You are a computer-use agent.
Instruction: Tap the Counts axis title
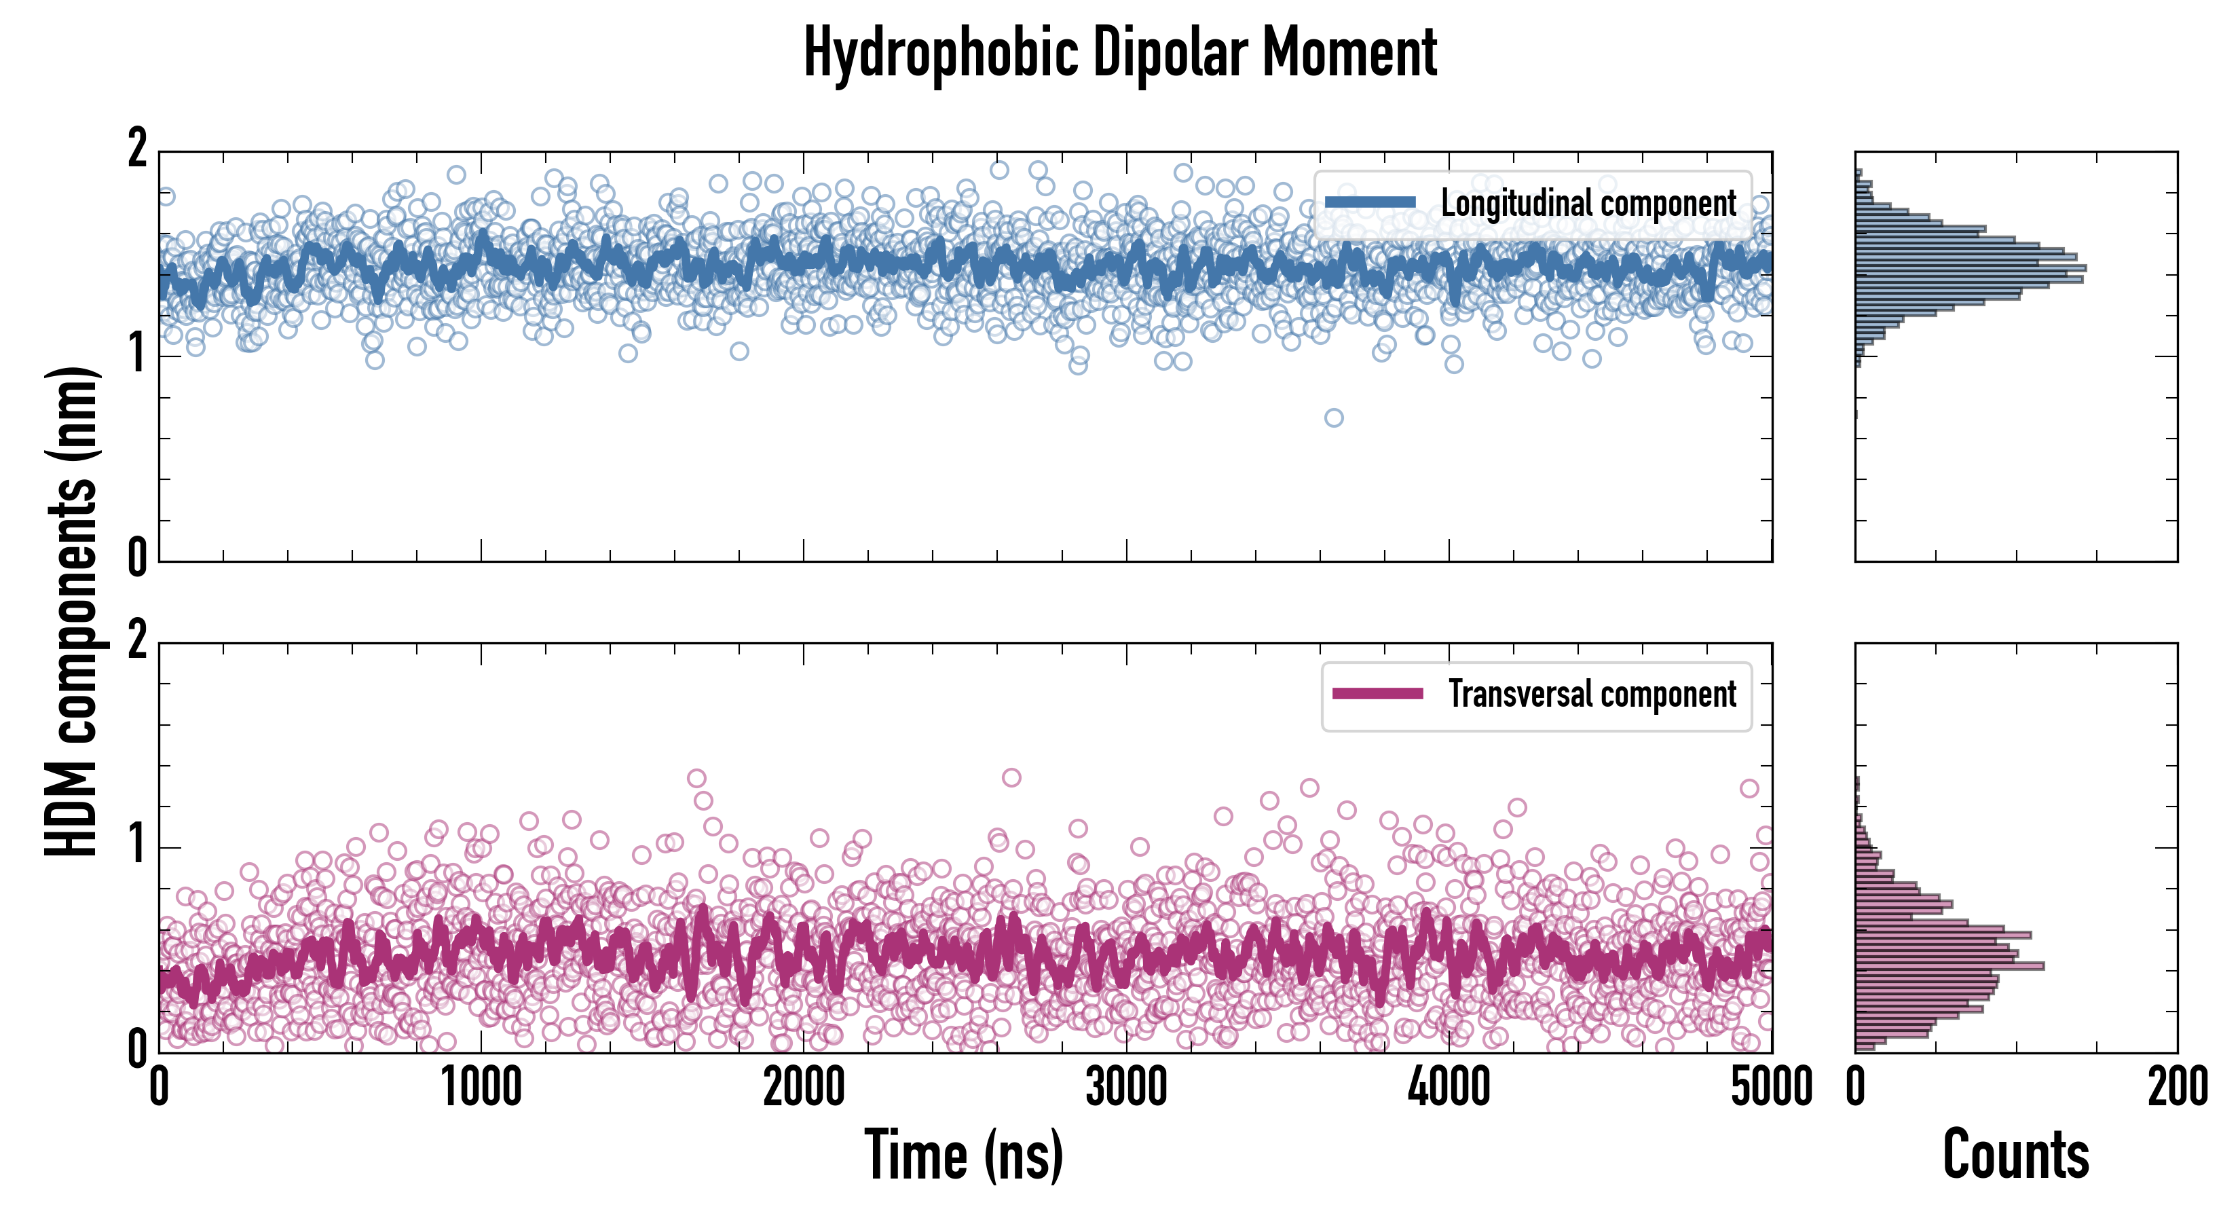click(x=2015, y=1155)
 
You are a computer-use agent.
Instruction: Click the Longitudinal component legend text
click(x=1588, y=204)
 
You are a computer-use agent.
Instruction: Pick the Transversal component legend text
click(x=1591, y=694)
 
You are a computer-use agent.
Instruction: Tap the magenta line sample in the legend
click(x=1377, y=694)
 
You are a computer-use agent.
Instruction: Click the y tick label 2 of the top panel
click(x=137, y=149)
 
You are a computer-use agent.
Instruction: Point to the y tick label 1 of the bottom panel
click(x=137, y=845)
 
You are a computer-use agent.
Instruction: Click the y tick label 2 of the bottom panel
click(x=137, y=642)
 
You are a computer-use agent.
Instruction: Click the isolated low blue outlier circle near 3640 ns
click(x=1334, y=418)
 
